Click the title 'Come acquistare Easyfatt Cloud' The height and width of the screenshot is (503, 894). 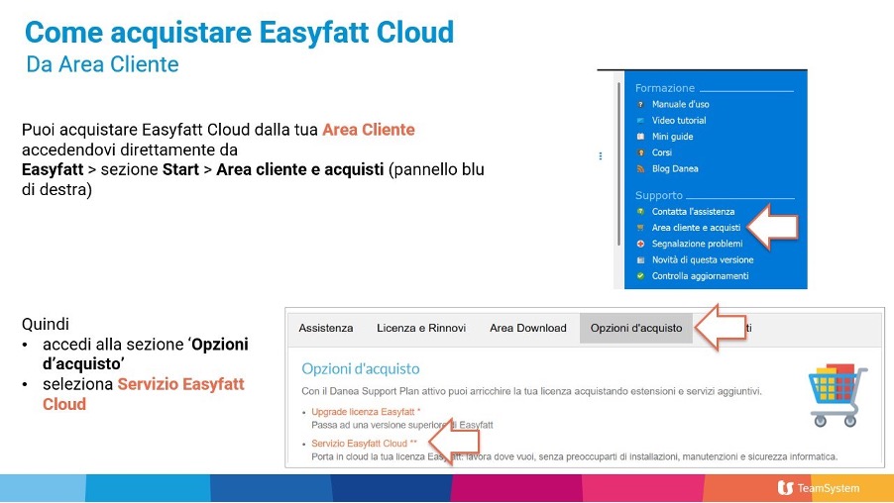239,33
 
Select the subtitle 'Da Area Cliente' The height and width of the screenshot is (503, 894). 103,65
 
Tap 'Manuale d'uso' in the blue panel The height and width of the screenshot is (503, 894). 680,104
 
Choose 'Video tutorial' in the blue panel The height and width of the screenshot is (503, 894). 679,120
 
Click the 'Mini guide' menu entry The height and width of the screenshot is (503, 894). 672,137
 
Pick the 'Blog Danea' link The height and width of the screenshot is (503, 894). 675,168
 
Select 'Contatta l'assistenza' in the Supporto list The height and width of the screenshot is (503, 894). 693,211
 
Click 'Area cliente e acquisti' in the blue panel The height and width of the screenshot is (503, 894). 696,227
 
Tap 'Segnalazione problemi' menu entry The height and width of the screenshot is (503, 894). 697,244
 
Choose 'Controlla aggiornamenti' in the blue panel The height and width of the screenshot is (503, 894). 700,275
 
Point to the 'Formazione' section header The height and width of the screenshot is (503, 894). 665,88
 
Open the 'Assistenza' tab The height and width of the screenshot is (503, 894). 326,328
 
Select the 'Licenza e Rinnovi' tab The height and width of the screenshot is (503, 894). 421,328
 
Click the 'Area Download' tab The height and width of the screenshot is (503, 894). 528,328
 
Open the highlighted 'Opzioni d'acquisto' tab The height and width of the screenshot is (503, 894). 636,328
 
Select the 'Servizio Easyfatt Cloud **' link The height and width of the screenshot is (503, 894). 364,443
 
